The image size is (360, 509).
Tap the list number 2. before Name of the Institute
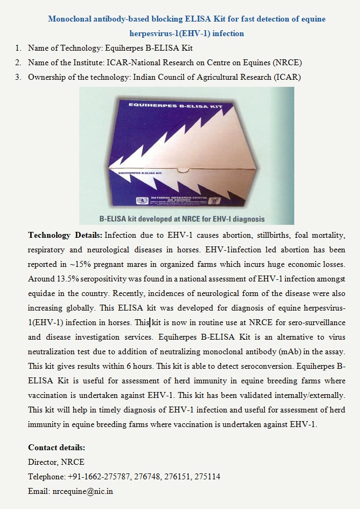point(18,62)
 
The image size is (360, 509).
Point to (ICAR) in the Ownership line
point(287,77)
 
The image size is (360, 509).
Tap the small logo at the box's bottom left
point(142,201)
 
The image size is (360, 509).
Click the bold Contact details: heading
point(57,448)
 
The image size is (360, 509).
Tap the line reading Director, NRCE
point(56,462)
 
